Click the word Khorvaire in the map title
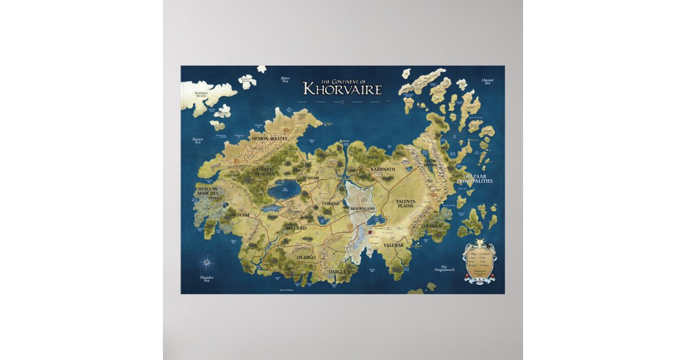[342, 89]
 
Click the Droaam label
[239, 215]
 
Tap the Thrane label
[330, 203]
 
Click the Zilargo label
[306, 258]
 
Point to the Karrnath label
[383, 170]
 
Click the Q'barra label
[432, 226]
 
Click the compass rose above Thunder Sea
[206, 263]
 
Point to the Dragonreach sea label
[444, 268]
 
